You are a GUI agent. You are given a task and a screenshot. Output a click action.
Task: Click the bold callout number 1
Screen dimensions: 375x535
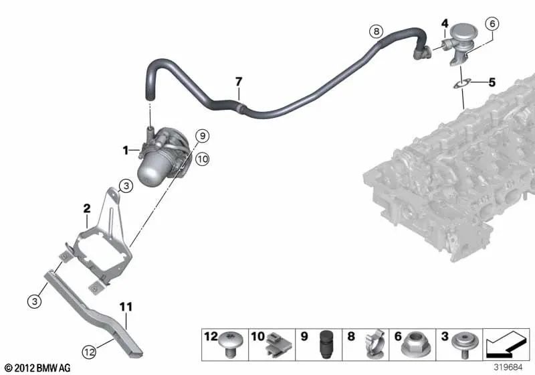(x=125, y=151)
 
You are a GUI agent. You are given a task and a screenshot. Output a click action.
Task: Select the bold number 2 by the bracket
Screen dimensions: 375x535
(x=86, y=208)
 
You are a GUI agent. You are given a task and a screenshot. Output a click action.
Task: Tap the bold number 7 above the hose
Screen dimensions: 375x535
(x=238, y=82)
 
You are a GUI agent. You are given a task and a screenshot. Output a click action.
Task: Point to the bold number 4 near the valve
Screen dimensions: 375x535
(x=444, y=24)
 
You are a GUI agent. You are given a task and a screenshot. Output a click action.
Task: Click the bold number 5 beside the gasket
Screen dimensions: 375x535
(x=492, y=83)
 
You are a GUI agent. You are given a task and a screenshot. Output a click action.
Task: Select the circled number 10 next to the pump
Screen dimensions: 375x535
(x=203, y=159)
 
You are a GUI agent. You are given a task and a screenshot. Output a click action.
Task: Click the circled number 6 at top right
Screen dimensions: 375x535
(x=492, y=24)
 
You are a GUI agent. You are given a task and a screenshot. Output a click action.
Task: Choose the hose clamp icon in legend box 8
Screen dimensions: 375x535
(x=370, y=343)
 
